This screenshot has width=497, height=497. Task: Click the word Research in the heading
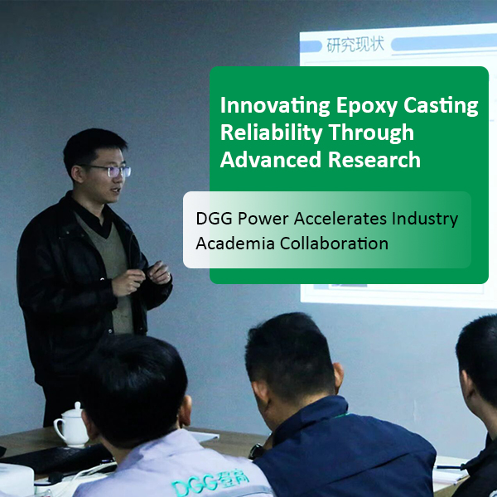coord(374,160)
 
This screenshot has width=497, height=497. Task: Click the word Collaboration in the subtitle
coord(333,244)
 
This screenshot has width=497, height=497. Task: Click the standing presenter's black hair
coord(93,145)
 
